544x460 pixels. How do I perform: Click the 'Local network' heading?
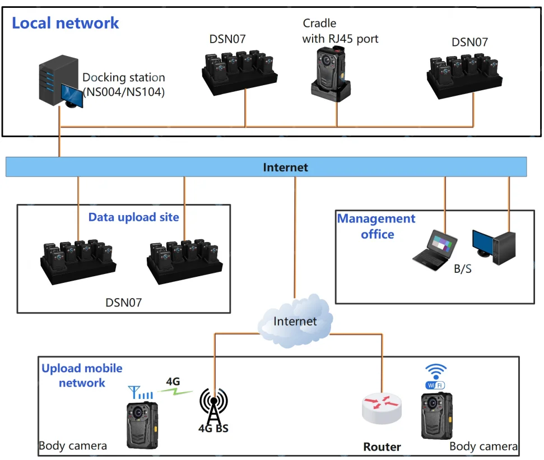(66, 23)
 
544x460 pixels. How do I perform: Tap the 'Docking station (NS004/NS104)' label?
(124, 85)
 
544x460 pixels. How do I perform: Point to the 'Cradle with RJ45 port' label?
(340, 31)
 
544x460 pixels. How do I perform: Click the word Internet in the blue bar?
(285, 167)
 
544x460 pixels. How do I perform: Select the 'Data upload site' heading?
(133, 217)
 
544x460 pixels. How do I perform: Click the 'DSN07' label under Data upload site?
(124, 303)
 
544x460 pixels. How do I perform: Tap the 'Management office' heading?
(376, 226)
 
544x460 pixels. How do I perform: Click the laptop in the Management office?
(434, 249)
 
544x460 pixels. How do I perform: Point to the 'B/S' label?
(462, 269)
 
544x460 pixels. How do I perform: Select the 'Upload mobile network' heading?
(82, 375)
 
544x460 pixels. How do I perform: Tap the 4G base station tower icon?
(213, 406)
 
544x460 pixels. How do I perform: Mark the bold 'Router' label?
(382, 447)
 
